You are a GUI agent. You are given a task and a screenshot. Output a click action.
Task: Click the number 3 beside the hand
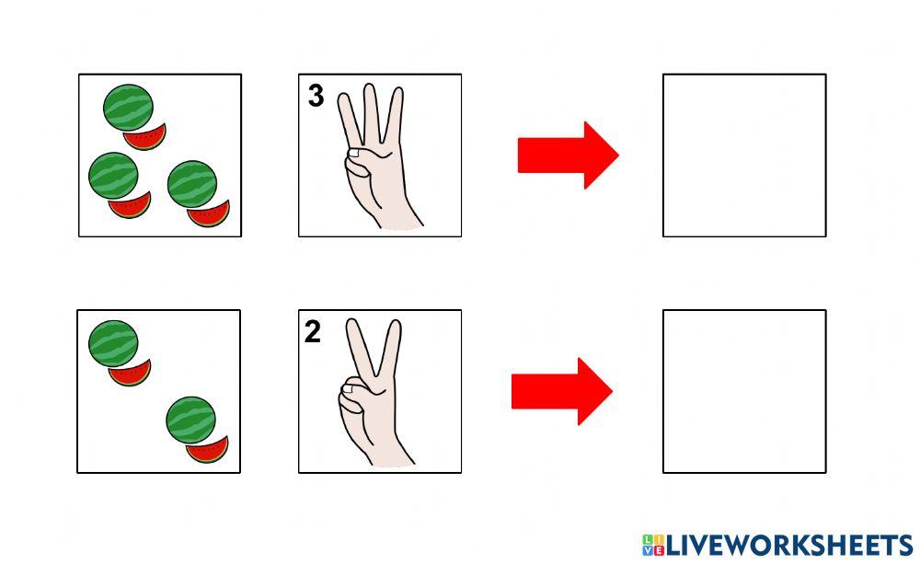coord(316,96)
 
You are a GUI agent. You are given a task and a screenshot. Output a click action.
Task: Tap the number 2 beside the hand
coord(313,331)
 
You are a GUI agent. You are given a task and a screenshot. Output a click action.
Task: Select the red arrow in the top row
coord(568,155)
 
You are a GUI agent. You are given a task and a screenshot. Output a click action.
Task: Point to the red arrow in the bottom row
coord(562,391)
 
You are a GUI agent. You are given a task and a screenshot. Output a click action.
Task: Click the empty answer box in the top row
coord(744,155)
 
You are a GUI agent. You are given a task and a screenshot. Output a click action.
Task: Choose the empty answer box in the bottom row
coord(744,391)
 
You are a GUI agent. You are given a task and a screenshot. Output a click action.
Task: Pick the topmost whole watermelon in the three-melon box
coord(128,108)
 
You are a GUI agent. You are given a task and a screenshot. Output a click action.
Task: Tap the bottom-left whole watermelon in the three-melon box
coord(113,176)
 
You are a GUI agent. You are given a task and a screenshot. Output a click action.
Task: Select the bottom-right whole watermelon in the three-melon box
coord(192,184)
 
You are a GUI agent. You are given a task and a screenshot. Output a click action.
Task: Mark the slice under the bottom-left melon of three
coord(131,206)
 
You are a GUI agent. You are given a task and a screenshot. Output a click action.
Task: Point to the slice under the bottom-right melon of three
coord(210,214)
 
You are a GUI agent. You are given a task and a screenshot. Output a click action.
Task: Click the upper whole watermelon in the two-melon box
coord(113,343)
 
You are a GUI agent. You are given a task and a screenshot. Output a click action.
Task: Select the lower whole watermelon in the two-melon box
coord(190,420)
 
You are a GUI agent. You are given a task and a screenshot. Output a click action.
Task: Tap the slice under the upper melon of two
coord(131,374)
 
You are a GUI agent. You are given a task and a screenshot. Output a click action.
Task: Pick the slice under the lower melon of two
coord(208,451)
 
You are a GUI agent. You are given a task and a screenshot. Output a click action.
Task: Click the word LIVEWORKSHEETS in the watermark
coord(789,546)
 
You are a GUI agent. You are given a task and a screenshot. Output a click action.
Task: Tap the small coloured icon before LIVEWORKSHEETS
coord(653,546)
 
